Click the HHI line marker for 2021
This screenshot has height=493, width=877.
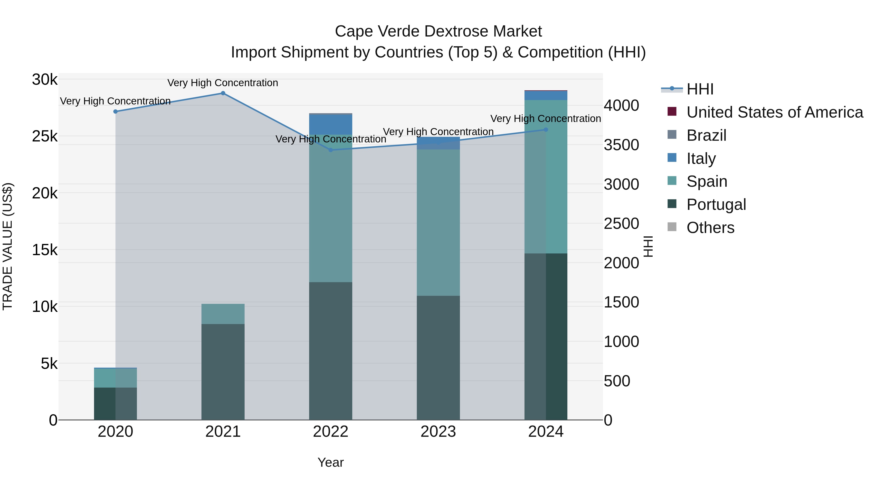pyautogui.click(x=223, y=93)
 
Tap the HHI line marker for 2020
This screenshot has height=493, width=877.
pyautogui.click(x=115, y=112)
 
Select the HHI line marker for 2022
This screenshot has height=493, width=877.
pyautogui.click(x=331, y=150)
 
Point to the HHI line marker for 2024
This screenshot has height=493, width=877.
pyautogui.click(x=546, y=130)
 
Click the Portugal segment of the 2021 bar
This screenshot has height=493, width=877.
pyautogui.click(x=223, y=372)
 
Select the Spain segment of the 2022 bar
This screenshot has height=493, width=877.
pyautogui.click(x=331, y=208)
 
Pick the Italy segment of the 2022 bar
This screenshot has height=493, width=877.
pyautogui.click(x=331, y=124)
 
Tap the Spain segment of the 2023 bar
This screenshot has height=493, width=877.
pyautogui.click(x=438, y=223)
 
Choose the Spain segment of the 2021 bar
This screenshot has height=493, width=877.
pyautogui.click(x=223, y=314)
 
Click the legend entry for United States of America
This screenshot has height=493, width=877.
pyautogui.click(x=774, y=112)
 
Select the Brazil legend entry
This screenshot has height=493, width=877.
pyautogui.click(x=706, y=135)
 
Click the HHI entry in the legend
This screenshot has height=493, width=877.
pyautogui.click(x=700, y=89)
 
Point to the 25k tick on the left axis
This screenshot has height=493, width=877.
pyautogui.click(x=45, y=136)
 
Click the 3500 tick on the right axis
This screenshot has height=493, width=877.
pyautogui.click(x=621, y=145)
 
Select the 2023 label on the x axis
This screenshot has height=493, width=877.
pyautogui.click(x=438, y=432)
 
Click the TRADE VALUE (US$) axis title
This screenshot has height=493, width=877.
pyautogui.click(x=8, y=246)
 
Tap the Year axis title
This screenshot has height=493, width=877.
pyautogui.click(x=331, y=462)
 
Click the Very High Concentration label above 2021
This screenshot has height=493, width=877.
pyautogui.click(x=223, y=83)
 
